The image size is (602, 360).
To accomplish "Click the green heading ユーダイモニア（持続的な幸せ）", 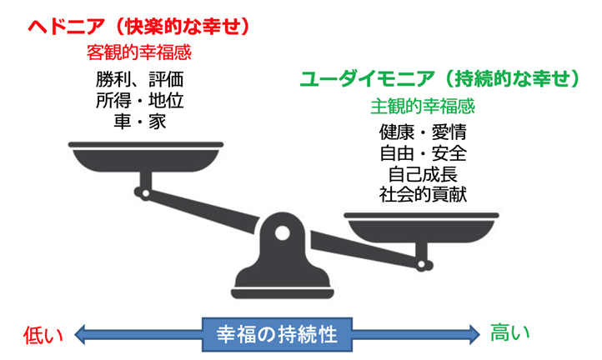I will pyautogui.click(x=439, y=80).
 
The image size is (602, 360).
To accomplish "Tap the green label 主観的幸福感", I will pyautogui.click(x=423, y=107).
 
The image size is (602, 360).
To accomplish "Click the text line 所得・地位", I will pyautogui.click(x=139, y=101).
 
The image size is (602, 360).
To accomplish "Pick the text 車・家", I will pyautogui.click(x=139, y=122).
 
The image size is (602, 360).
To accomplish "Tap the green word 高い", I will pyautogui.click(x=509, y=332).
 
